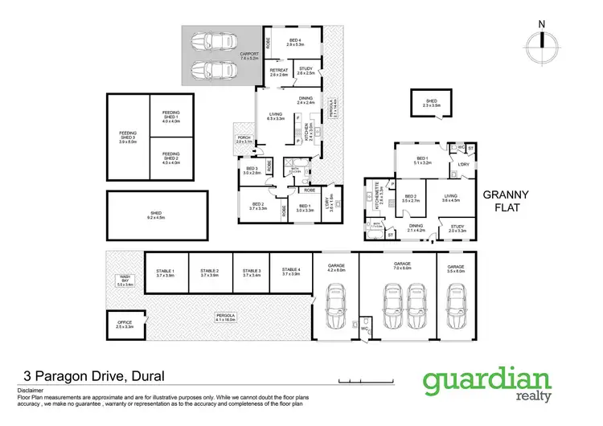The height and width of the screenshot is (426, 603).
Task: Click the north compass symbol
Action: (542, 40)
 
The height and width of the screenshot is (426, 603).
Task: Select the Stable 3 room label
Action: (252, 272)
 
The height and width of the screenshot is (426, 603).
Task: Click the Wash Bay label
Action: (125, 280)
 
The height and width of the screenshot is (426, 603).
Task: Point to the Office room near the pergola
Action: (125, 325)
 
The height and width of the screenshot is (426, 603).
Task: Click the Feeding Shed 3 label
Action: (128, 139)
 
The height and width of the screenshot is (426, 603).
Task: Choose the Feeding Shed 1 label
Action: (170, 118)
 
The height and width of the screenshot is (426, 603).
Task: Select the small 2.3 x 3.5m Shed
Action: (431, 103)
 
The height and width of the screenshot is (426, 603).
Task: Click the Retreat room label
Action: (279, 72)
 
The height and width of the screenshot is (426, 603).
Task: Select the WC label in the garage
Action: (364, 328)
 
